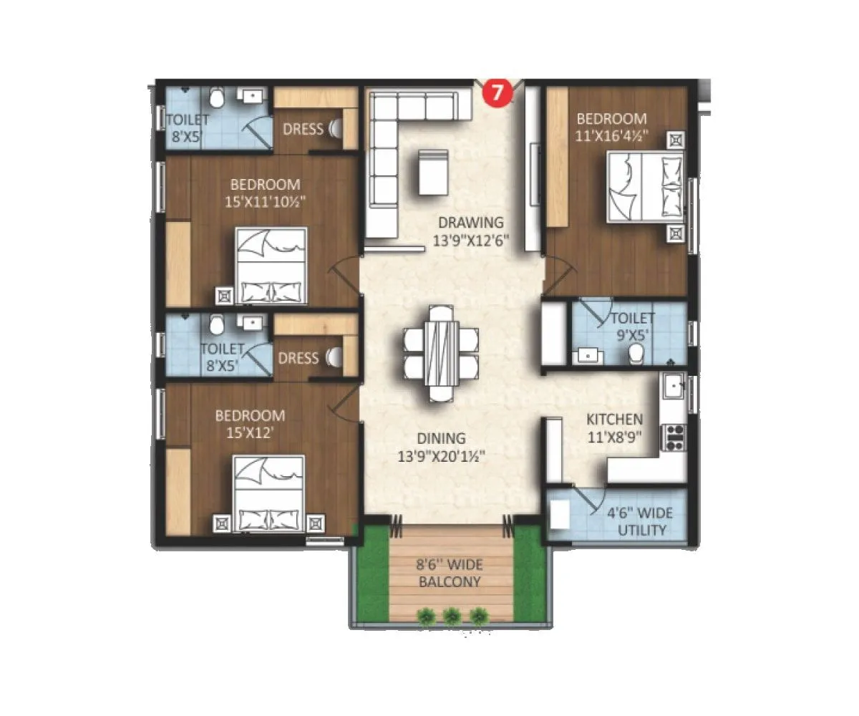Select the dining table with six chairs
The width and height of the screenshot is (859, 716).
click(x=441, y=352)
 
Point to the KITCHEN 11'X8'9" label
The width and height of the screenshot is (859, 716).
click(x=614, y=427)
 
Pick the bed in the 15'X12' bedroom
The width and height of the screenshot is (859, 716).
click(x=271, y=494)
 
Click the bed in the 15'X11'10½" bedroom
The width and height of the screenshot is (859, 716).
click(x=272, y=264)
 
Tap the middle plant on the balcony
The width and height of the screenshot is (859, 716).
click(x=452, y=615)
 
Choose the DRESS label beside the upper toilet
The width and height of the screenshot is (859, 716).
click(x=303, y=130)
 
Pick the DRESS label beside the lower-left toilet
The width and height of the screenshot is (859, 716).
click(x=298, y=358)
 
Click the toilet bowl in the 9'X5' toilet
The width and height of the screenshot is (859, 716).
click(x=635, y=353)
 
